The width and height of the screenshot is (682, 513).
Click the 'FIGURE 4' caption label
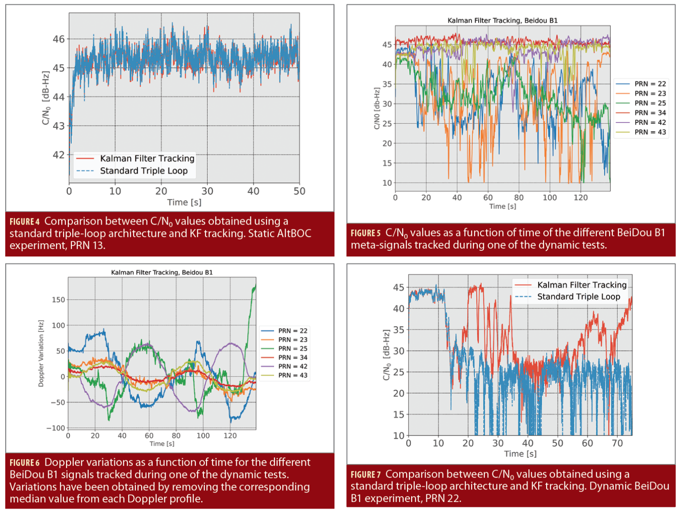click(24, 221)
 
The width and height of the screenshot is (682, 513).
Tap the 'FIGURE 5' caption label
click(365, 233)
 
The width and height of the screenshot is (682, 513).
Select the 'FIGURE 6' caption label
click(24, 463)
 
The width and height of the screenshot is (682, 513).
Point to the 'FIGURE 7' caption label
click(365, 474)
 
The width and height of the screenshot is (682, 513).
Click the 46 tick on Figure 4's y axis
click(59, 39)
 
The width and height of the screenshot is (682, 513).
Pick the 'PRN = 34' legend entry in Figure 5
click(650, 113)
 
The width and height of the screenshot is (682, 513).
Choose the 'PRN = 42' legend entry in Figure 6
click(293, 367)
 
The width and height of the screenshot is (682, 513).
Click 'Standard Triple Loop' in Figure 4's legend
click(143, 171)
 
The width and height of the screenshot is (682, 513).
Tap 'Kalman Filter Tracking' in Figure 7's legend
click(582, 285)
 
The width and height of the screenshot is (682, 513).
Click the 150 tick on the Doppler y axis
click(59, 300)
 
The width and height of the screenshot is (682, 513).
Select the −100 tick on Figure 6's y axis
click(56, 428)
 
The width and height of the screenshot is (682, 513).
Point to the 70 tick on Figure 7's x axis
click(617, 443)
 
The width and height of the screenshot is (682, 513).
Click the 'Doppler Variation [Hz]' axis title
click(41, 353)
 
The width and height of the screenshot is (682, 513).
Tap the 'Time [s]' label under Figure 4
click(184, 202)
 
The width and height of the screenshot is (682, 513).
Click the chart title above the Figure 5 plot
click(502, 20)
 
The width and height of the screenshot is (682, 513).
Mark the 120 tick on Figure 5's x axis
click(580, 198)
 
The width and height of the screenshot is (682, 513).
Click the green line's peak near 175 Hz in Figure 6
click(254, 288)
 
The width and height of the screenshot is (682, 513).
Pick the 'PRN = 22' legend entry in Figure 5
click(650, 84)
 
